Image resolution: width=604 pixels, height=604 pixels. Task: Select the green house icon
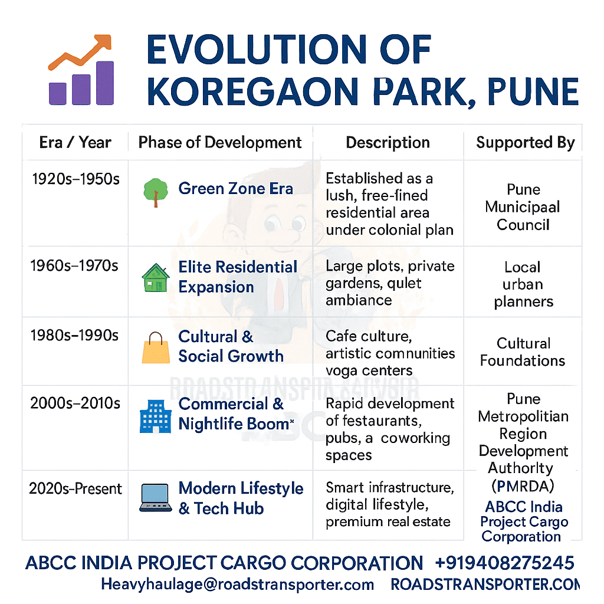click(x=156, y=277)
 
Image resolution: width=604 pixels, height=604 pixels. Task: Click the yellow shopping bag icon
click(x=156, y=347)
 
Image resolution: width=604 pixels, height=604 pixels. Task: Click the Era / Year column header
click(x=75, y=143)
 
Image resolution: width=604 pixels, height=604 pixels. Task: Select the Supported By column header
click(x=525, y=143)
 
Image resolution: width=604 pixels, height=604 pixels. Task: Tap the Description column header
click(x=388, y=143)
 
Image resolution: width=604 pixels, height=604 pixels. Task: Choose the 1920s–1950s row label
click(x=75, y=179)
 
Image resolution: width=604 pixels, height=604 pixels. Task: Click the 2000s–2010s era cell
click(x=75, y=403)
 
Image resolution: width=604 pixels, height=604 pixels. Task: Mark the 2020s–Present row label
click(x=75, y=489)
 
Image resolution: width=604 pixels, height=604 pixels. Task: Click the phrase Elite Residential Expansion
click(x=238, y=277)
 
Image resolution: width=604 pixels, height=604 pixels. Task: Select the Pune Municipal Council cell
click(x=523, y=207)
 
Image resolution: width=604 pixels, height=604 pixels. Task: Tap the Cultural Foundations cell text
click(x=523, y=352)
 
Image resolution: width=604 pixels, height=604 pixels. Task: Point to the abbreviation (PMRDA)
click(x=523, y=487)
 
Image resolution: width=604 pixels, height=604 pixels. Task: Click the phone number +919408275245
click(x=504, y=563)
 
